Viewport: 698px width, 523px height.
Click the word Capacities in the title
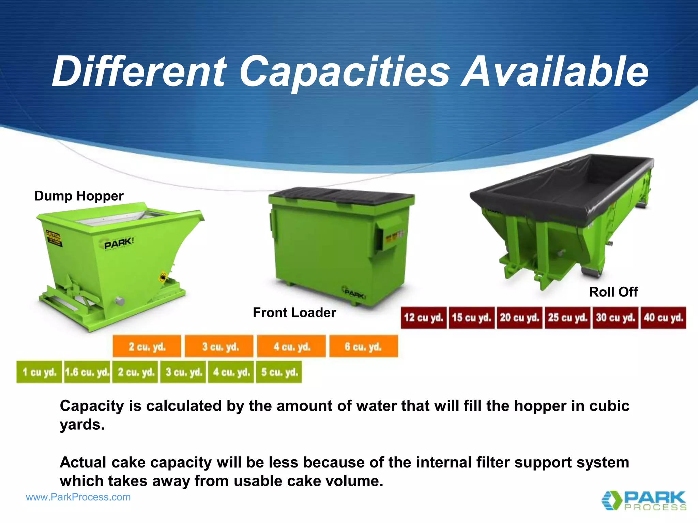345,72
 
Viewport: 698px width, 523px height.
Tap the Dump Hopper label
79,196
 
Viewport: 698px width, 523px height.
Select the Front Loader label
294,313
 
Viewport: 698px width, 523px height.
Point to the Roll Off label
613,292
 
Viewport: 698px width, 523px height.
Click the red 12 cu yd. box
424,317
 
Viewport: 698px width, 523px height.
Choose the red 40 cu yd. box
663,317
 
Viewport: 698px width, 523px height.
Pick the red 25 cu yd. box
567,317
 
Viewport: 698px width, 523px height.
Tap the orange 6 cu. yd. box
363,346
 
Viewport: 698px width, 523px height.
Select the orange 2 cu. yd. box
147,346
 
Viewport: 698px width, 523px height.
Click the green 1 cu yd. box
39,372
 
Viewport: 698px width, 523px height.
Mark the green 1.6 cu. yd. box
87,372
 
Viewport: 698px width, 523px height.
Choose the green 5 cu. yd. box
279,372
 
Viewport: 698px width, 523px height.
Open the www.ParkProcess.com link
78,497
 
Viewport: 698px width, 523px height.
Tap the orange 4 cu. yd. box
291,346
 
